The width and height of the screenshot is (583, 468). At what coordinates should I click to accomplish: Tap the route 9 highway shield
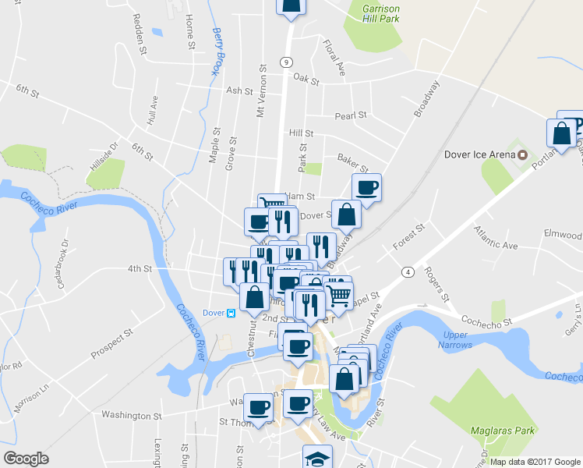tap(287, 62)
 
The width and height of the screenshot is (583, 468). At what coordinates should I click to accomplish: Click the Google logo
tap(25, 459)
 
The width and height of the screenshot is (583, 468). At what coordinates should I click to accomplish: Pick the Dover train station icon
tap(231, 313)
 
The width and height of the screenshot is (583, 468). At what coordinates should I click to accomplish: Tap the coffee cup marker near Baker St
tap(366, 187)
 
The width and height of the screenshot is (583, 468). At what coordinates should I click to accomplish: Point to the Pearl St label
tap(350, 115)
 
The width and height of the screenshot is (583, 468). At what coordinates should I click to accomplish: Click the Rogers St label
tap(436, 284)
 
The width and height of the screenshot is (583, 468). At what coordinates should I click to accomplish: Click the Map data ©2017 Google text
tap(535, 461)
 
